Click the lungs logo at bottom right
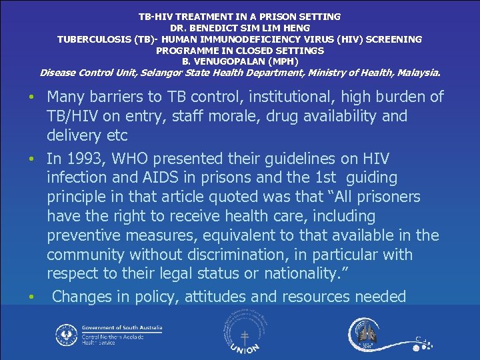367,334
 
